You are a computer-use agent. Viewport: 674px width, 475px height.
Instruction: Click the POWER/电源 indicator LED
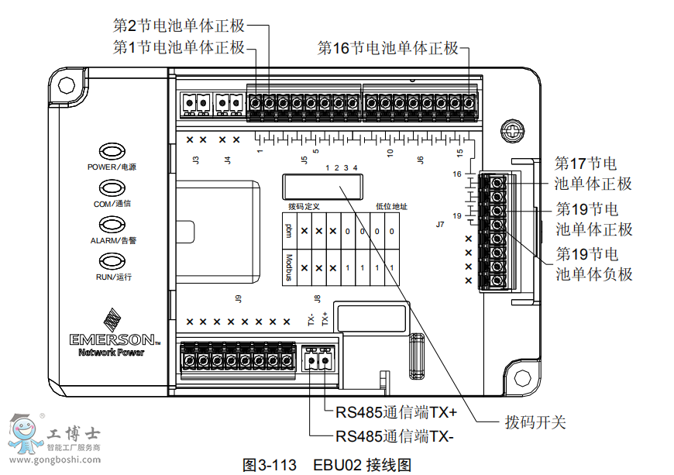(112, 150)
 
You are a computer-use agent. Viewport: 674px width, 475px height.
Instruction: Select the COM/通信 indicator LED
(112, 188)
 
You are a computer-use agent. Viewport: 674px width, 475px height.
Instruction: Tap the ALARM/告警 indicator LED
(112, 224)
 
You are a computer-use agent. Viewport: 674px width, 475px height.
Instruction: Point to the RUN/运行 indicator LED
(112, 260)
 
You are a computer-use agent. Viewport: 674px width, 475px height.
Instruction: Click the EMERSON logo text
(112, 339)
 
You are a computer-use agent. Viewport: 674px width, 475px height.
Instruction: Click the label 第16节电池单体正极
(388, 48)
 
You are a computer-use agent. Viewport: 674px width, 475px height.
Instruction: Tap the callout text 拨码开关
(535, 422)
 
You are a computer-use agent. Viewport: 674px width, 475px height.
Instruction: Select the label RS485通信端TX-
(394, 435)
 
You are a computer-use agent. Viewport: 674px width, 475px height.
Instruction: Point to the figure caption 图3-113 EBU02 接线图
(326, 465)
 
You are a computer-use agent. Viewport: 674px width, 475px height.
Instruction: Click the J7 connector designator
(440, 224)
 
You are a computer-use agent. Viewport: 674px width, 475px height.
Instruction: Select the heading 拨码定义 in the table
(304, 207)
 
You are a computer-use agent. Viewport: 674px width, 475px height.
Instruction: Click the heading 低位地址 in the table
(391, 207)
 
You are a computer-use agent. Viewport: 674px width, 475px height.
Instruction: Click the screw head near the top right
(510, 129)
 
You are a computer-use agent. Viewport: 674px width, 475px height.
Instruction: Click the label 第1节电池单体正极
(179, 48)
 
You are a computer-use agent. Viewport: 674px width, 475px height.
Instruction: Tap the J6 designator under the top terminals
(421, 160)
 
